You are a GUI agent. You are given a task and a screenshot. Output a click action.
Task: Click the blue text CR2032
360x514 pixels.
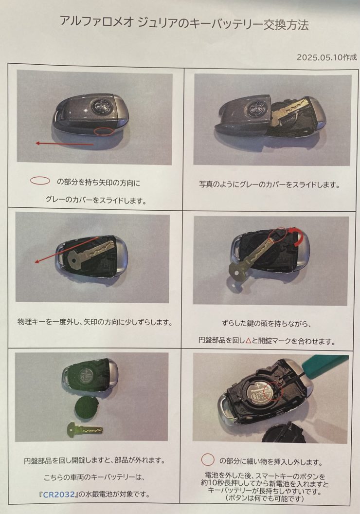click(59, 494)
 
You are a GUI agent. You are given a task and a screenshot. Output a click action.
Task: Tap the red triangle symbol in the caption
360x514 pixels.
click(248, 341)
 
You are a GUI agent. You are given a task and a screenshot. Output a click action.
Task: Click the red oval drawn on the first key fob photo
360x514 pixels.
click(104, 131)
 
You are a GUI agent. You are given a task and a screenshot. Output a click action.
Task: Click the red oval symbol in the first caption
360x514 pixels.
click(40, 181)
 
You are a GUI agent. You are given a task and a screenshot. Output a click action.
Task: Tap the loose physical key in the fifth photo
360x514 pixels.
click(85, 429)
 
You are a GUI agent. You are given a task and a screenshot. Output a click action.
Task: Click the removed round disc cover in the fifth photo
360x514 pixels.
click(85, 408)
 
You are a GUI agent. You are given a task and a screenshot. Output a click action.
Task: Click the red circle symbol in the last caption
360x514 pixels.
click(208, 459)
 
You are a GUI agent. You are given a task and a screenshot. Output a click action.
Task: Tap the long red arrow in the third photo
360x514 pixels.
click(67, 250)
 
